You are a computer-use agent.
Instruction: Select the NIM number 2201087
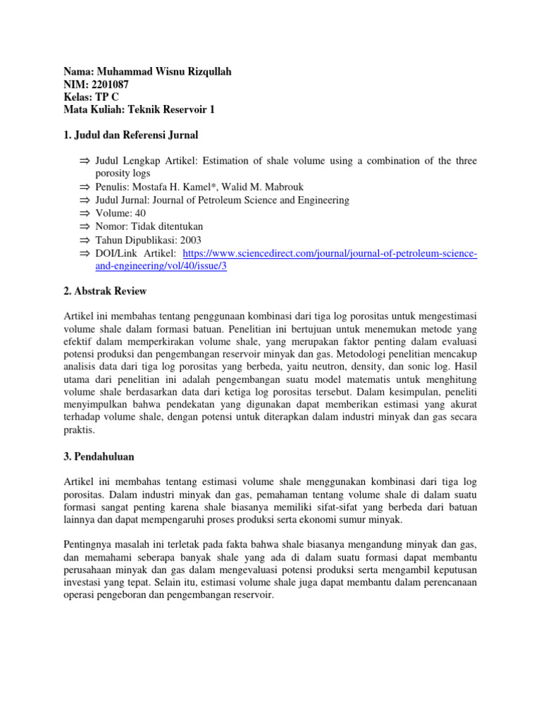(x=108, y=85)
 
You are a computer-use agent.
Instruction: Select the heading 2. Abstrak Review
(x=105, y=290)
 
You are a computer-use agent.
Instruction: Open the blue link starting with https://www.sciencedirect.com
(x=330, y=253)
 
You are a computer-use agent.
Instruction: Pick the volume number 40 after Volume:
(x=140, y=213)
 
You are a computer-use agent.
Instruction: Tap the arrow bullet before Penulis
(x=85, y=187)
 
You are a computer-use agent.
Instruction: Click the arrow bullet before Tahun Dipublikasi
(x=85, y=240)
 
